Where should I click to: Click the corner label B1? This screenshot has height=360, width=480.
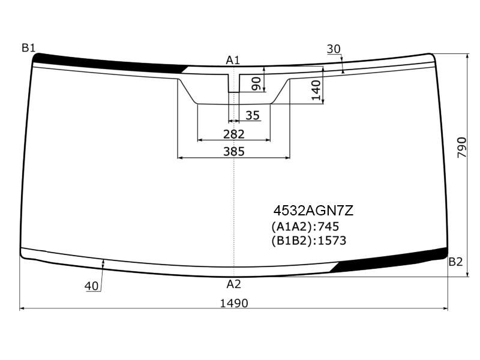[28, 48]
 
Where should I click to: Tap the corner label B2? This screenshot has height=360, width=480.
[455, 262]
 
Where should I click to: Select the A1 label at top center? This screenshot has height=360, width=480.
[233, 61]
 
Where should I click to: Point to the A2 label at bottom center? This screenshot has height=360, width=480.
[234, 284]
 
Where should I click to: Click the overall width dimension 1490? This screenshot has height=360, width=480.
[234, 304]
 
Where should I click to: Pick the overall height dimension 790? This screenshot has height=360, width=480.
[462, 148]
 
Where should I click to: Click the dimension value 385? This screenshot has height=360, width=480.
[234, 152]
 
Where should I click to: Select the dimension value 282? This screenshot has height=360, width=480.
[234, 134]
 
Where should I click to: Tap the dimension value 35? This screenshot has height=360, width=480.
[253, 115]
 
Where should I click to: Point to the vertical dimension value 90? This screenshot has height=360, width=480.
[256, 84]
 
